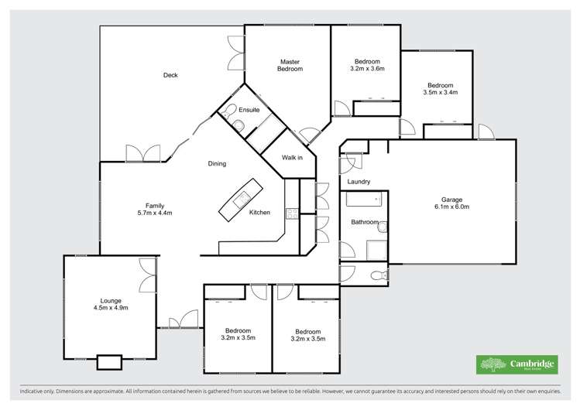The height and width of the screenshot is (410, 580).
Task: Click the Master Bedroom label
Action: coord(290,65)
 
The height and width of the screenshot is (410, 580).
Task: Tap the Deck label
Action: coord(170,75)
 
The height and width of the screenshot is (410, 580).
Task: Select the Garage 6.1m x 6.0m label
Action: coord(452,203)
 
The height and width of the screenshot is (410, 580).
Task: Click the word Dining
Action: coord(217,163)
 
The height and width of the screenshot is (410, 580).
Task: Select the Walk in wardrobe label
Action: coord(291,157)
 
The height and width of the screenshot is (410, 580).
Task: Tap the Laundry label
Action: coord(359,182)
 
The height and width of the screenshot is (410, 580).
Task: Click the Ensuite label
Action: coord(249,110)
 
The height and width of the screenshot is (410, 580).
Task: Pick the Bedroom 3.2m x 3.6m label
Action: coord(367,65)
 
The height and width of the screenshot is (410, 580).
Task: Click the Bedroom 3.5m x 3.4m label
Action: coord(441,88)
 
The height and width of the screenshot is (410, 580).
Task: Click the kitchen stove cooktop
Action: coord(292,213)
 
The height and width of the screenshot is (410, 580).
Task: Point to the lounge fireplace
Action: coord(109,361)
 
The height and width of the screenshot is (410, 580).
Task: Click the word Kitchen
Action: coord(259,213)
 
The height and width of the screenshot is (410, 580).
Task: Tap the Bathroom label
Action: coord(364,222)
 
